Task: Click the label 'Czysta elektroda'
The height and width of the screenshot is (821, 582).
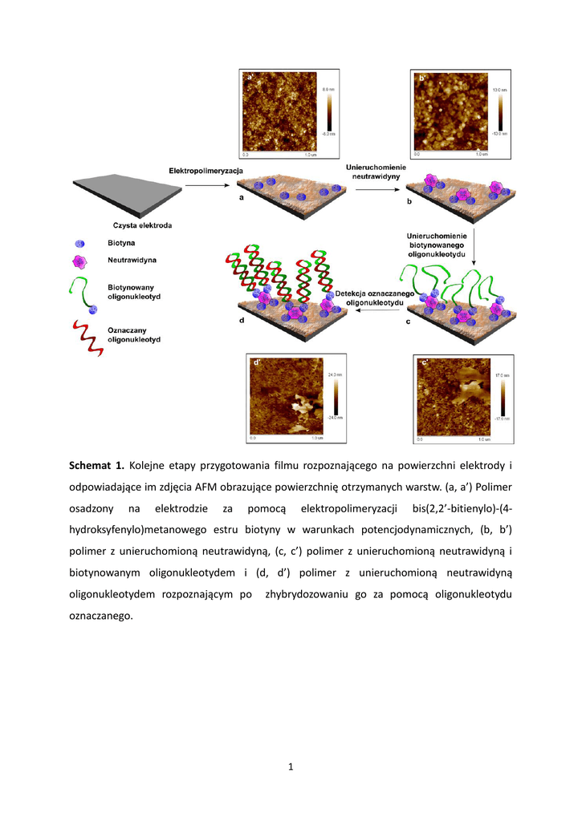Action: pyautogui.click(x=142, y=225)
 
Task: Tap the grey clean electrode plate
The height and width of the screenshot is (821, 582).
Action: pyautogui.click(x=128, y=192)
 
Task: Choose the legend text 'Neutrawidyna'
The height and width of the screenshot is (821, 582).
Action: pyautogui.click(x=132, y=260)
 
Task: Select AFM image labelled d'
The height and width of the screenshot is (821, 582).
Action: pyautogui.click(x=285, y=397)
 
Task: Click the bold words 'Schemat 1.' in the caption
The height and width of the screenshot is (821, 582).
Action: pyautogui.click(x=96, y=465)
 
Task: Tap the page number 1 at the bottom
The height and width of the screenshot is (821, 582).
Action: pyautogui.click(x=291, y=767)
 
